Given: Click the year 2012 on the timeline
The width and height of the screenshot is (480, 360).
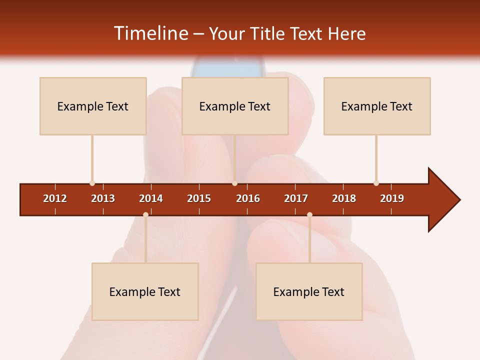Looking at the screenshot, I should click(x=55, y=198).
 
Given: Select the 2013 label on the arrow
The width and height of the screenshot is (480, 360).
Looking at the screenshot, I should click(x=103, y=198).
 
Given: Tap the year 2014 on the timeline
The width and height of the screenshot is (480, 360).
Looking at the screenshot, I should click(x=151, y=198).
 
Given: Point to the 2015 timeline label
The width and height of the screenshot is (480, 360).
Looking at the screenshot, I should click(x=199, y=198).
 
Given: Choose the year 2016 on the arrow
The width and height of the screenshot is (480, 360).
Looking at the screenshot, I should click(x=248, y=198).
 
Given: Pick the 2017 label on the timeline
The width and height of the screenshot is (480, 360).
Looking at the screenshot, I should click(x=296, y=198).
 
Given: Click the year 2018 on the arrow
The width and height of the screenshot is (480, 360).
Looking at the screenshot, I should click(x=344, y=198).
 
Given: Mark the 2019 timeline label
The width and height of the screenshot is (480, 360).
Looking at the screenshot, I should click(x=392, y=198).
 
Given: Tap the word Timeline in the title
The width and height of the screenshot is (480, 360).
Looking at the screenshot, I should click(x=150, y=33).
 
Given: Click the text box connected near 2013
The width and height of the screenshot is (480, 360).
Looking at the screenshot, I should click(x=93, y=106).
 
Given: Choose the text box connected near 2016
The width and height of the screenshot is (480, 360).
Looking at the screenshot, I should click(x=235, y=106).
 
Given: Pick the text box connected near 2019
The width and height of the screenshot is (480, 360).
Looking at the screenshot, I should click(x=377, y=106).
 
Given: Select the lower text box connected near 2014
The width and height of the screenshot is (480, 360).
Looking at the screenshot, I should click(x=145, y=291).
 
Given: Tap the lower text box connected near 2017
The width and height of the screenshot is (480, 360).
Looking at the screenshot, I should click(x=309, y=291).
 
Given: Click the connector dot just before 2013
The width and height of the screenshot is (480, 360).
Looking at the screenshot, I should click(x=92, y=183).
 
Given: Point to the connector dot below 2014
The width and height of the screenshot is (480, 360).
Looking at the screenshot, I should click(x=145, y=214).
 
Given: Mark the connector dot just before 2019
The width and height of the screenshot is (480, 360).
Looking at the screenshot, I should click(x=376, y=183).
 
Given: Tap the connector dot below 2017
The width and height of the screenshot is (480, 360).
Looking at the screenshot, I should click(x=309, y=214).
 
